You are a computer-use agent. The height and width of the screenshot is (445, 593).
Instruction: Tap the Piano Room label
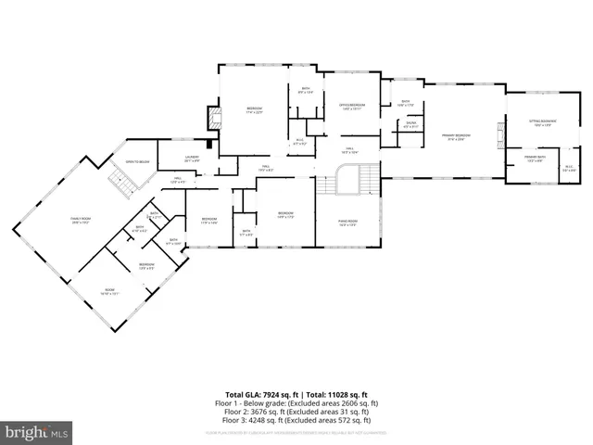click(347, 222)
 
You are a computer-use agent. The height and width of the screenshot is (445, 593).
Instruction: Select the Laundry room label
click(192, 159)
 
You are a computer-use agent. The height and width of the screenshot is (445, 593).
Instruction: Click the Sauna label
click(410, 125)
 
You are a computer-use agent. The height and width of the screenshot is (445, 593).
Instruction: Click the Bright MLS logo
click(37, 432)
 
